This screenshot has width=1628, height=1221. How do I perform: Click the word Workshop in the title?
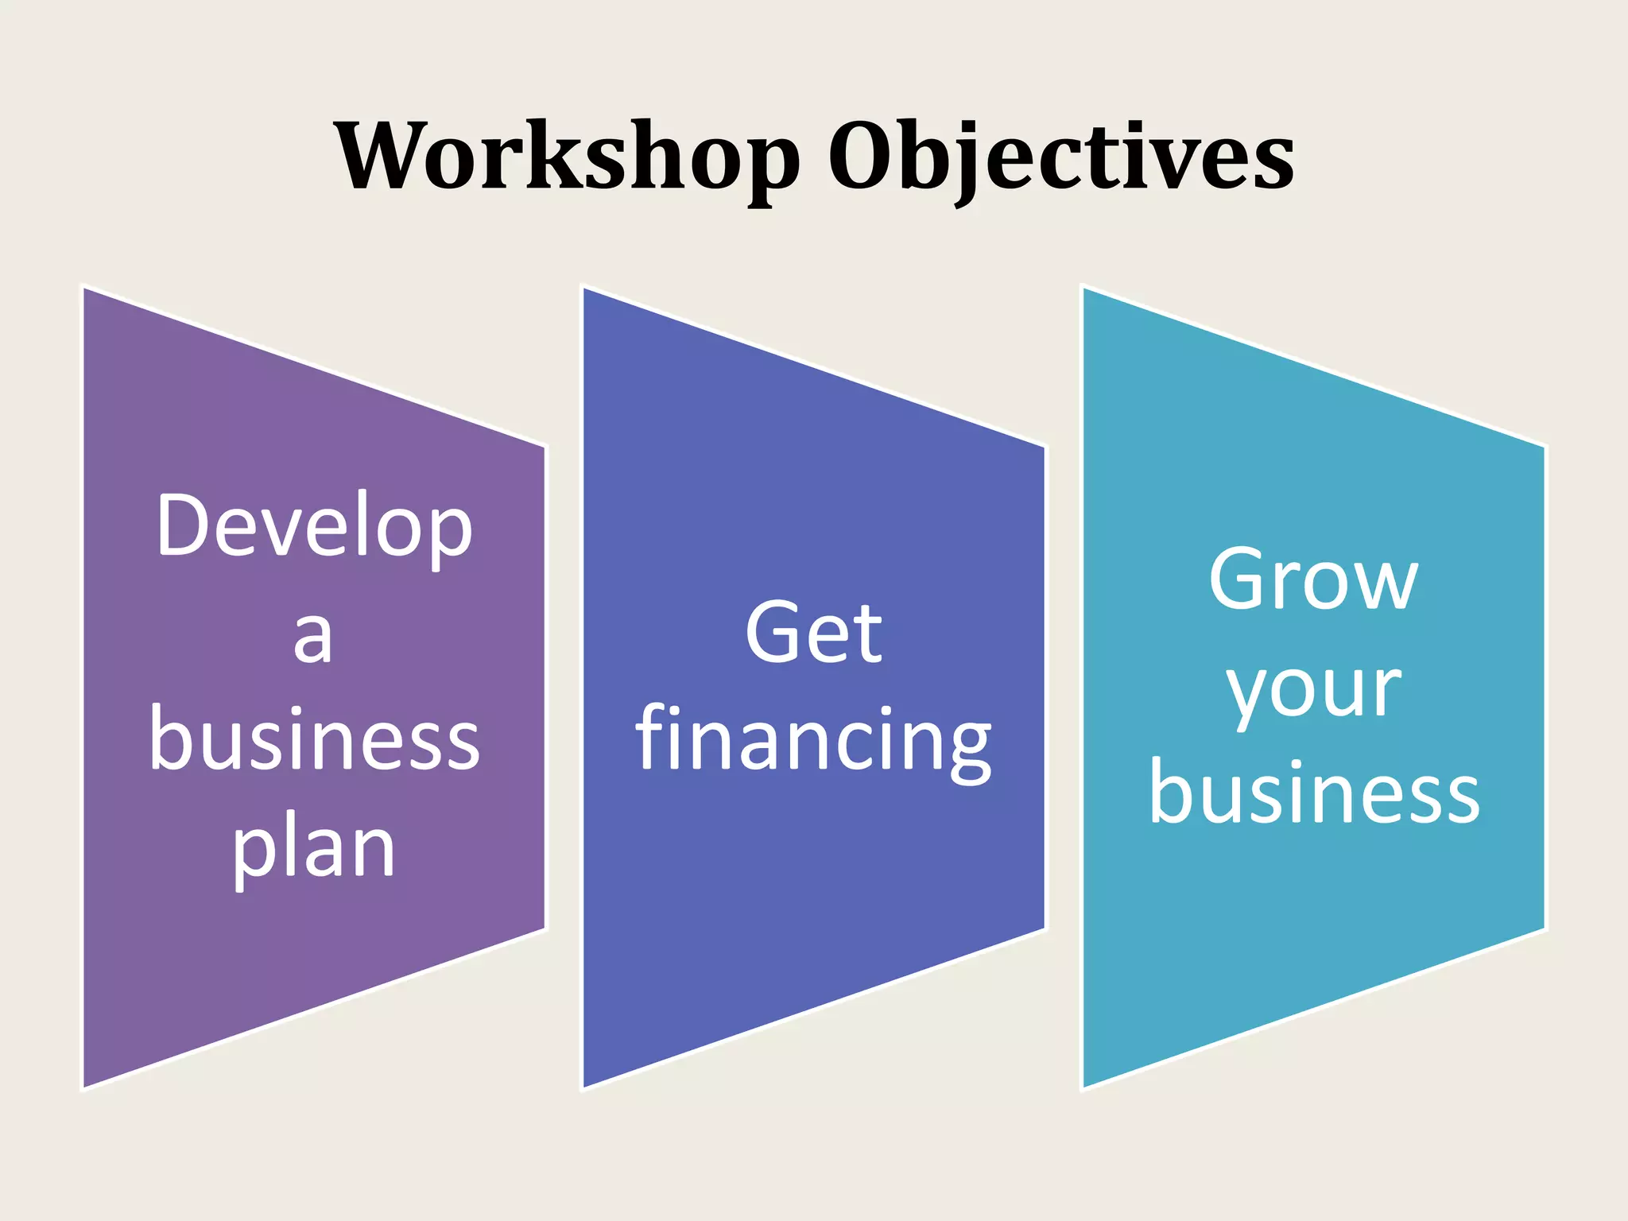pos(566,157)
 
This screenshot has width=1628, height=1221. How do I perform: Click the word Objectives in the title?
pos(1061,157)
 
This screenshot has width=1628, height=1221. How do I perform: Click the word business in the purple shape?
pos(315,739)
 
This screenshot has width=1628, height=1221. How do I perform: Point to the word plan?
pos(314,849)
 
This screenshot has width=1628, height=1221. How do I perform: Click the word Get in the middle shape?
pos(813,633)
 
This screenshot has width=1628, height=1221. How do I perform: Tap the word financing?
pos(813,741)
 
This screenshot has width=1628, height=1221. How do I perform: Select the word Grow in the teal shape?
pos(1313,580)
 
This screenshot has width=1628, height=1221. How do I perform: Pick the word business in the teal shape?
pos(1314,793)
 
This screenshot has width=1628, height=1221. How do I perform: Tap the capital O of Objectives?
pos(862,156)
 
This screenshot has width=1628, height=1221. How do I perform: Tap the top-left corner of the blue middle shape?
pos(584,288)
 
